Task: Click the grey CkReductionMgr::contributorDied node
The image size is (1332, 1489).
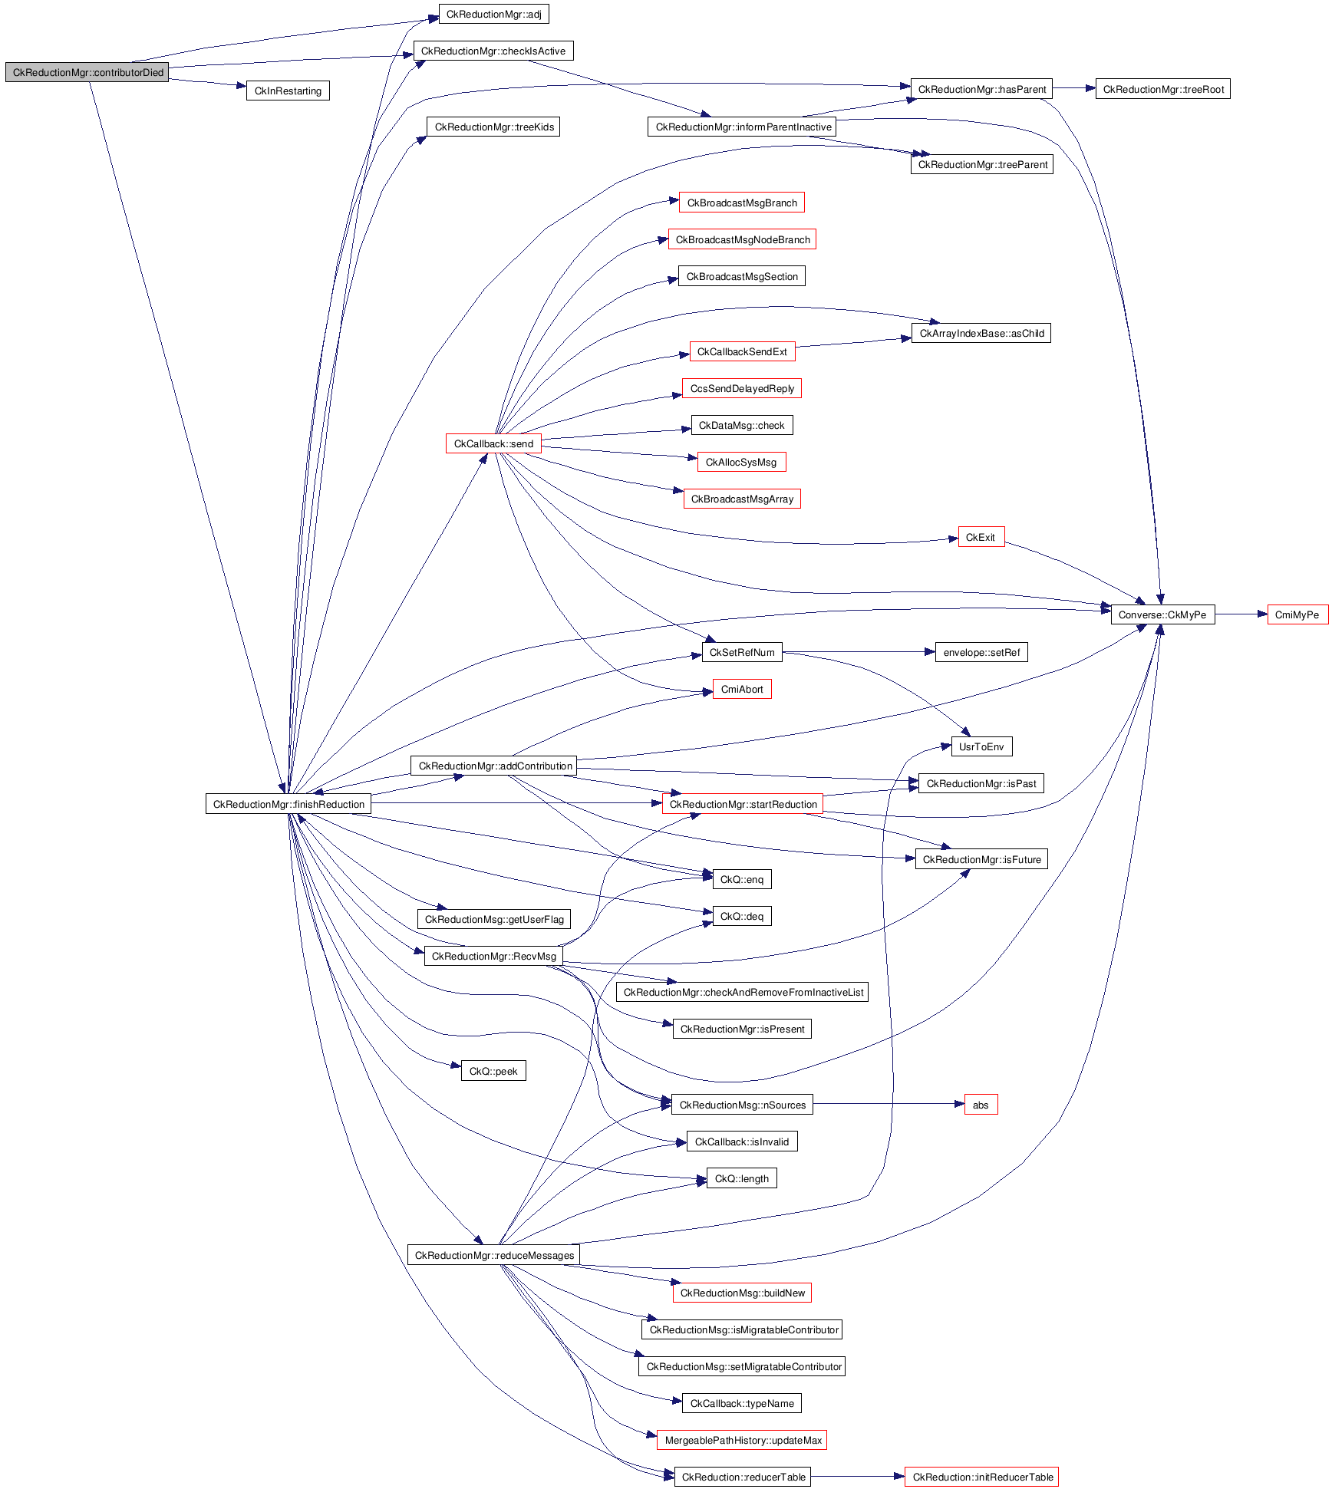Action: coord(87,72)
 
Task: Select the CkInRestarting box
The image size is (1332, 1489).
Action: coord(288,91)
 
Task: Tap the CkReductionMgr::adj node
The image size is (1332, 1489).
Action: coord(493,14)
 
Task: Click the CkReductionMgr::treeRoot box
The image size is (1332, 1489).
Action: coord(1162,89)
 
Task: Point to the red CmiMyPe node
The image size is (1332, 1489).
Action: coord(1297,614)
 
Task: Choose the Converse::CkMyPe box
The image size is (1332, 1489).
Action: coord(1162,614)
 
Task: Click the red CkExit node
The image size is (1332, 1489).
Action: coord(981,537)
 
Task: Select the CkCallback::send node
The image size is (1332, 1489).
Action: coord(493,443)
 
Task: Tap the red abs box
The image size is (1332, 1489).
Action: coord(981,1105)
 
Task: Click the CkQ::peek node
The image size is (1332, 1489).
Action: coord(493,1071)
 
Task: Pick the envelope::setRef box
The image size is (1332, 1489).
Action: coord(981,652)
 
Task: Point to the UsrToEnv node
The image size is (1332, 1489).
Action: coord(981,746)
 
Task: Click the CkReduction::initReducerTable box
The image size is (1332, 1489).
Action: coord(981,1477)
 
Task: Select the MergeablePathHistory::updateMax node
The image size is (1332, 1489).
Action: coord(742,1440)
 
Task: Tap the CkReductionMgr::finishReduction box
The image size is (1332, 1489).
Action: coord(288,804)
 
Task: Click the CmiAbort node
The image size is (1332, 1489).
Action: coord(742,689)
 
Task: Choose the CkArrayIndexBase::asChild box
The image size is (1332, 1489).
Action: coord(981,333)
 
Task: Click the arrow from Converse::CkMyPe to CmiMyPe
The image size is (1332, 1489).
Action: coord(1241,614)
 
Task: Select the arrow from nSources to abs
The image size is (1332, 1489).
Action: coord(888,1105)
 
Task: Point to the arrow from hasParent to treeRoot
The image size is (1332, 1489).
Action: coord(1073,89)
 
